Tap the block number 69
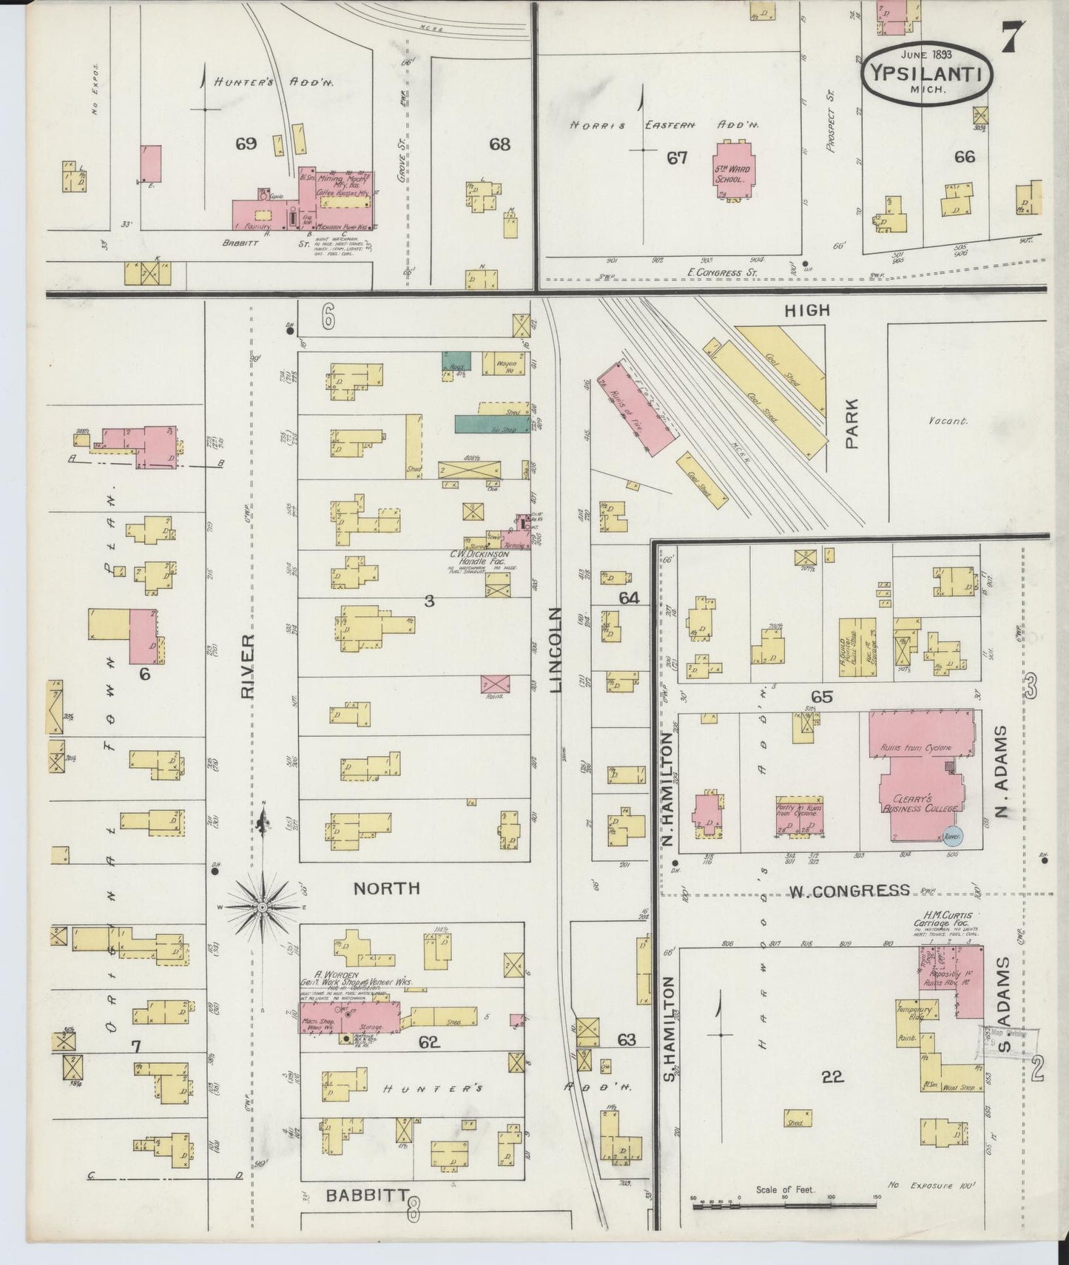pyautogui.click(x=246, y=144)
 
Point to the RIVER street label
pyautogui.click(x=246, y=666)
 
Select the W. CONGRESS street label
pyautogui.click(x=849, y=891)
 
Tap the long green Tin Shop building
pyautogui.click(x=491, y=424)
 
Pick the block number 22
pyautogui.click(x=832, y=1076)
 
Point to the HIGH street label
pyautogui.click(x=807, y=311)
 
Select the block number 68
pyautogui.click(x=499, y=144)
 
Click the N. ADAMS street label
pyautogui.click(x=1002, y=772)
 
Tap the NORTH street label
pyautogui.click(x=386, y=888)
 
